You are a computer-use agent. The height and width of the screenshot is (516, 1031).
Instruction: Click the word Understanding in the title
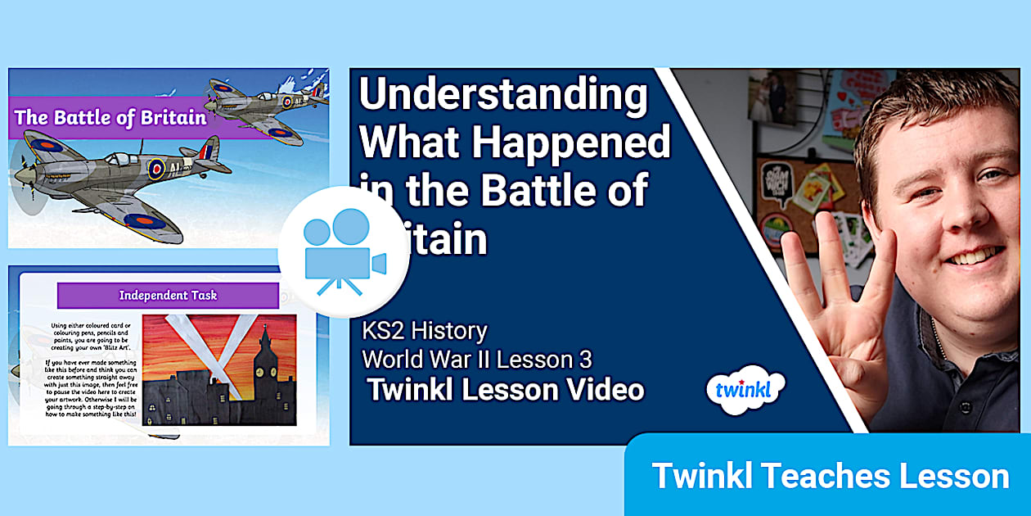pos(503,97)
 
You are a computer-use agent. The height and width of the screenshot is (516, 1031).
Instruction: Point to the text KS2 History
pos(425,332)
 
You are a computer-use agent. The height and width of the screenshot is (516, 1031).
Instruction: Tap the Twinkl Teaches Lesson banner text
pos(830,476)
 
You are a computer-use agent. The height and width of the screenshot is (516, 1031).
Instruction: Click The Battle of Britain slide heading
pos(110,118)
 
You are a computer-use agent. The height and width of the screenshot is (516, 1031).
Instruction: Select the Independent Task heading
pos(168,295)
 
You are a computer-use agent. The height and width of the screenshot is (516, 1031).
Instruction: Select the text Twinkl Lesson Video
pos(506,390)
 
